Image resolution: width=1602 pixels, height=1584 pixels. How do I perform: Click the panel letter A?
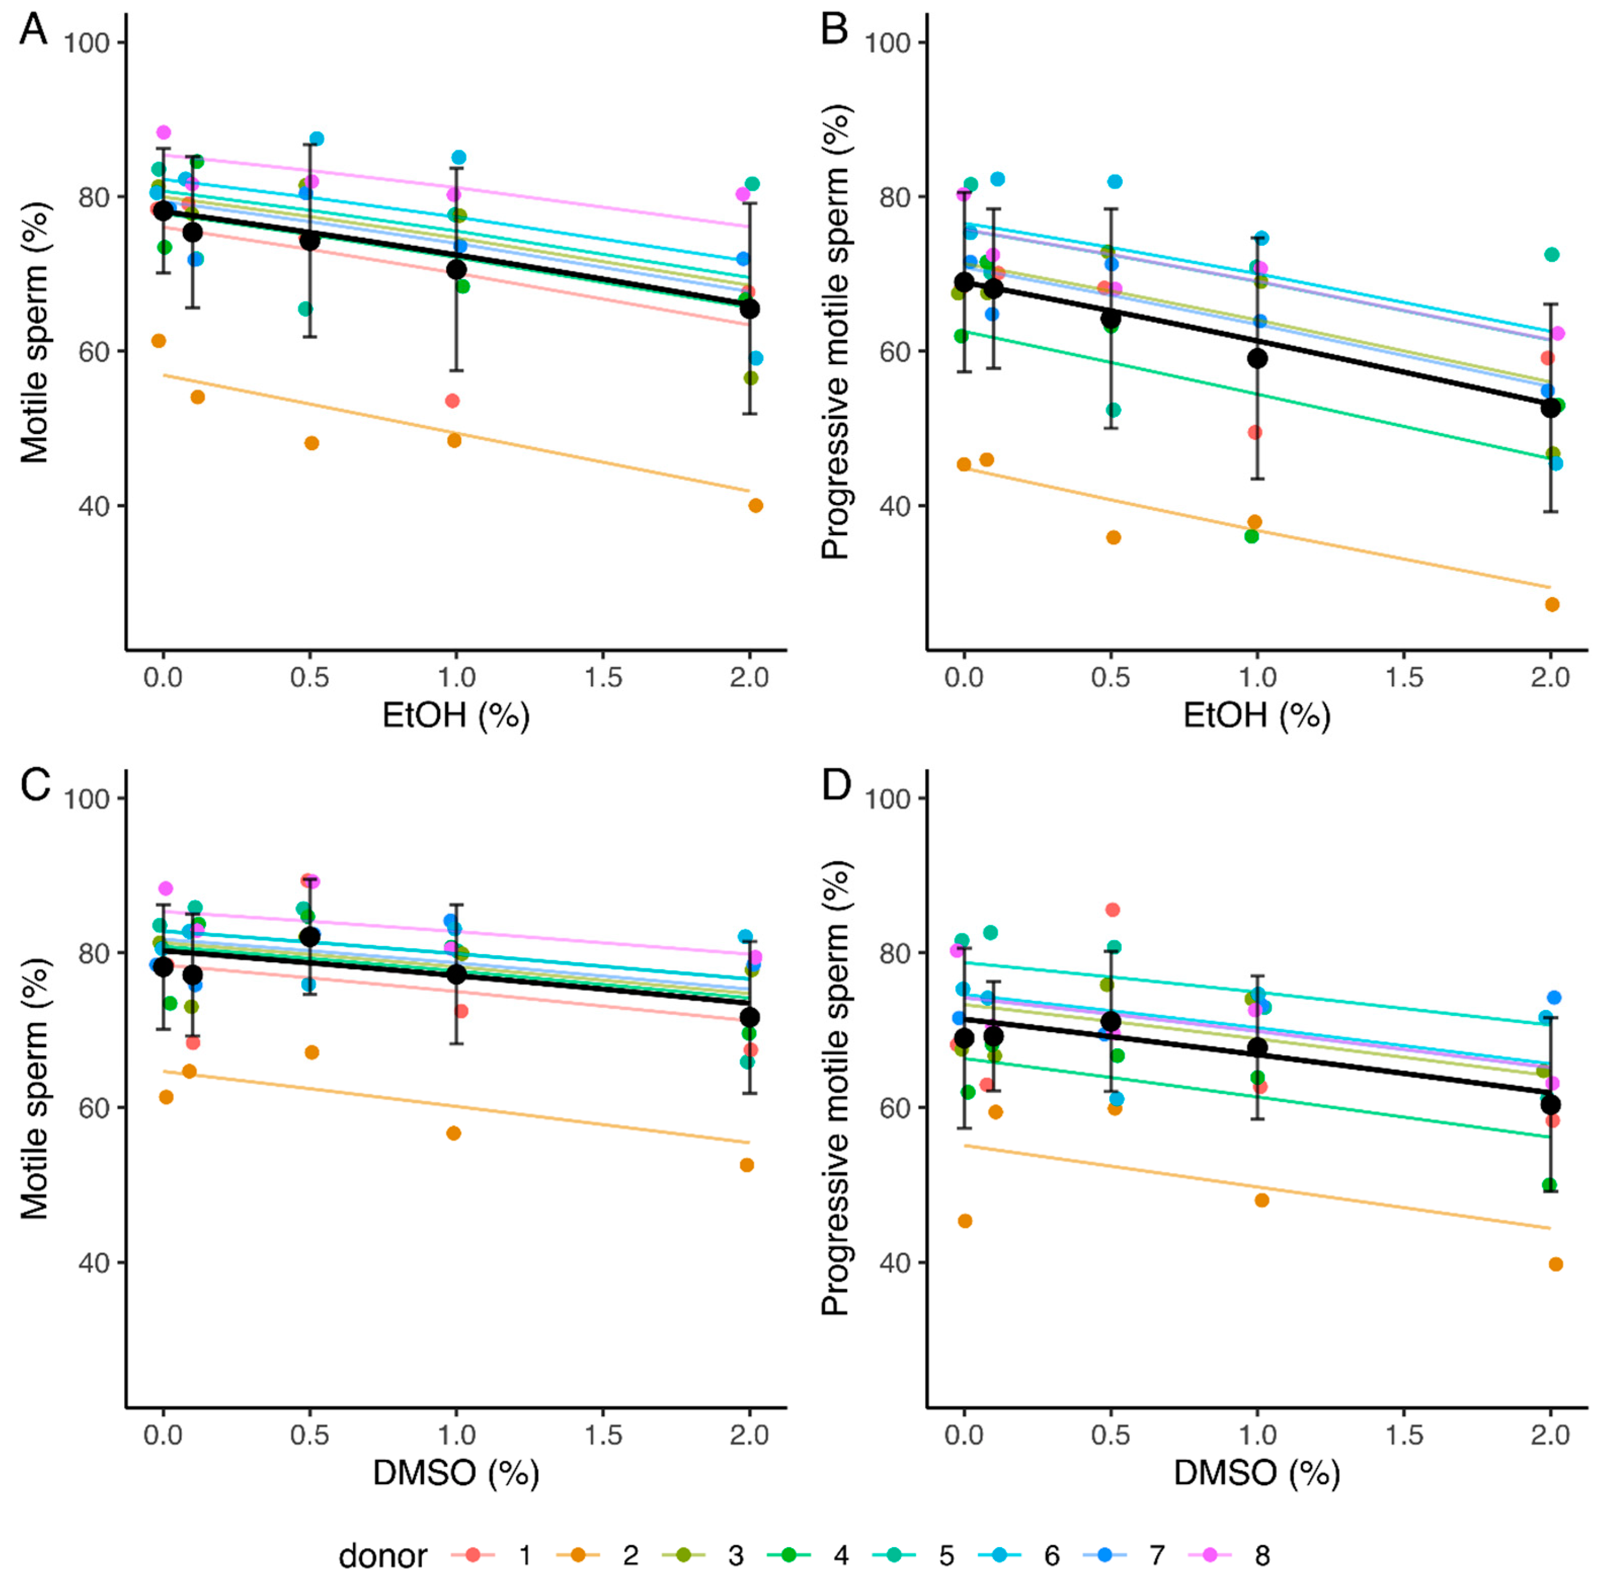click(x=33, y=31)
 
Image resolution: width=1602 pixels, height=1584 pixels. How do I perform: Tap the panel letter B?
click(x=834, y=31)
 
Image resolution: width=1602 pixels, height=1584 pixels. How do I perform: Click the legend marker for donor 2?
click(x=578, y=1555)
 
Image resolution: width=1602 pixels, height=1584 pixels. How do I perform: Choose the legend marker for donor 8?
click(x=1210, y=1555)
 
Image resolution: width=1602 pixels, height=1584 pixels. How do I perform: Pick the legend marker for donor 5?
click(x=894, y=1555)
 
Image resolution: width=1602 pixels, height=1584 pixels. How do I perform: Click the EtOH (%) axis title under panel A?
click(x=456, y=715)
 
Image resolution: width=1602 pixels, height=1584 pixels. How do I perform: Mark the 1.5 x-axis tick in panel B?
click(x=1404, y=678)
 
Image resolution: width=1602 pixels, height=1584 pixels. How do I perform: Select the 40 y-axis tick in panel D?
click(x=889, y=1262)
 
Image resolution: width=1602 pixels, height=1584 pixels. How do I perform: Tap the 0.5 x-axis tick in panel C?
click(x=309, y=1434)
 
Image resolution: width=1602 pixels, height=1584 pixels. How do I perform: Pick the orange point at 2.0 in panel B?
click(x=1552, y=605)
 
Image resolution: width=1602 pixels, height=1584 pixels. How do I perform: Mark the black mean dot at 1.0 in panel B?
click(x=1258, y=358)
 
